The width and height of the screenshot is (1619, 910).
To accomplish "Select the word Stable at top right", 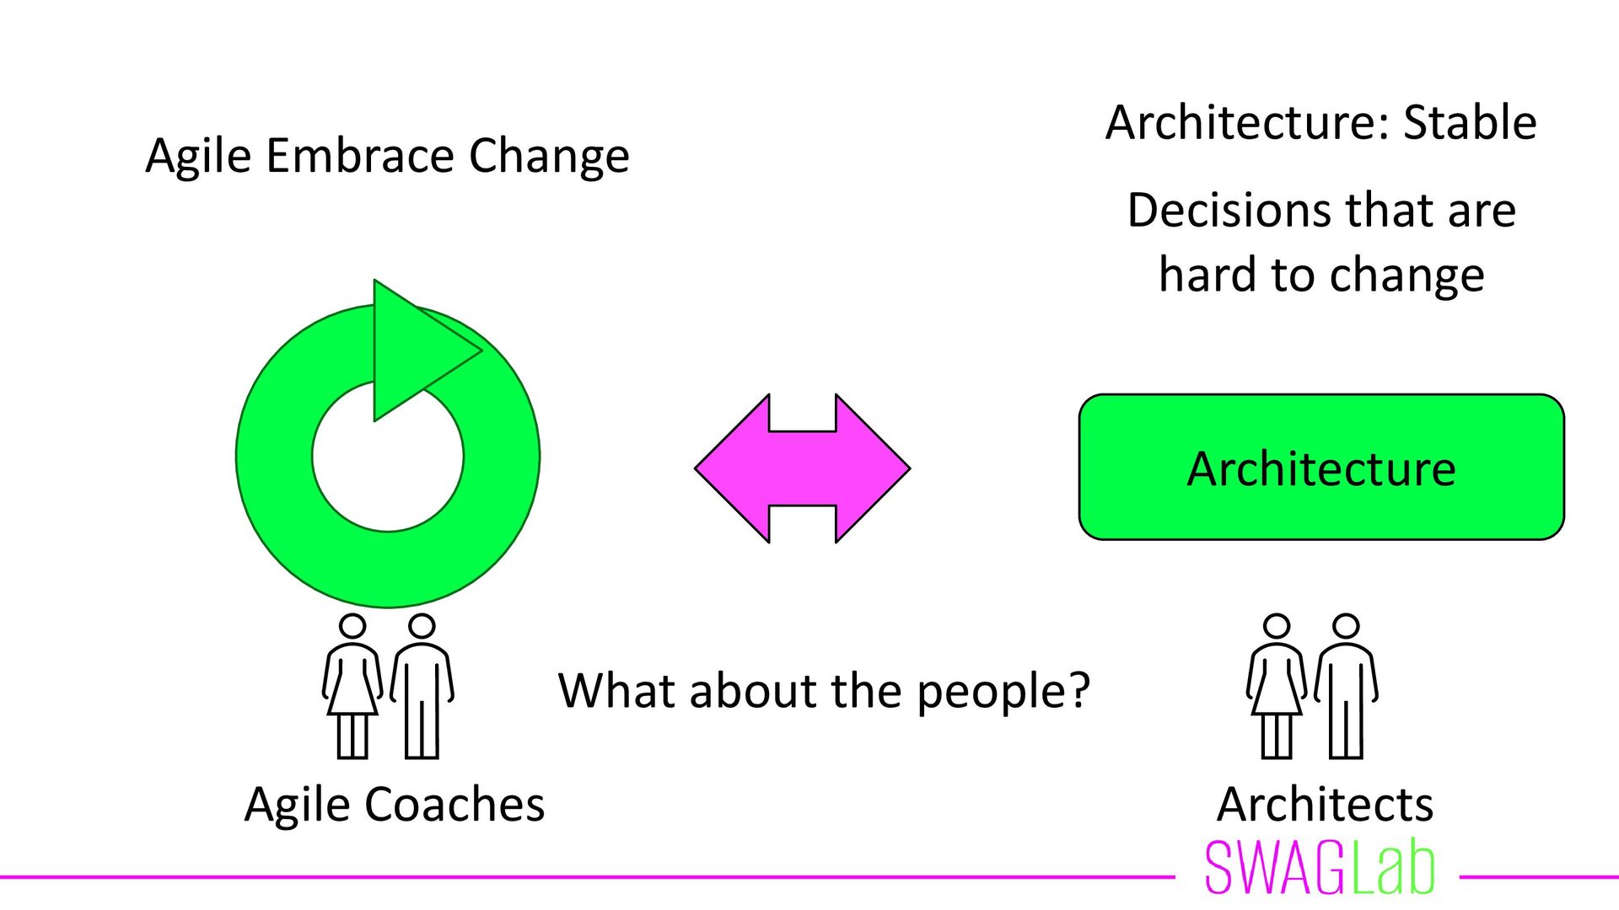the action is [1469, 123].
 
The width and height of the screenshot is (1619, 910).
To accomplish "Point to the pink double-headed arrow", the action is [802, 468].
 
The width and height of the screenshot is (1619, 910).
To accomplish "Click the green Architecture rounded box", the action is [1320, 468].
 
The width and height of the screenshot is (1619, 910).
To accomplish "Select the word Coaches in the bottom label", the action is [455, 805].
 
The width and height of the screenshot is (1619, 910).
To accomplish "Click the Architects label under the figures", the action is [1325, 805].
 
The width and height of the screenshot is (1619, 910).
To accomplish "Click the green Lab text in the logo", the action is [1392, 868].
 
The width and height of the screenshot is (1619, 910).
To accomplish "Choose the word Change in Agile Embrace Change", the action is [549, 156].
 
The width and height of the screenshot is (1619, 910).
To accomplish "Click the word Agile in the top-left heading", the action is [198, 156].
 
